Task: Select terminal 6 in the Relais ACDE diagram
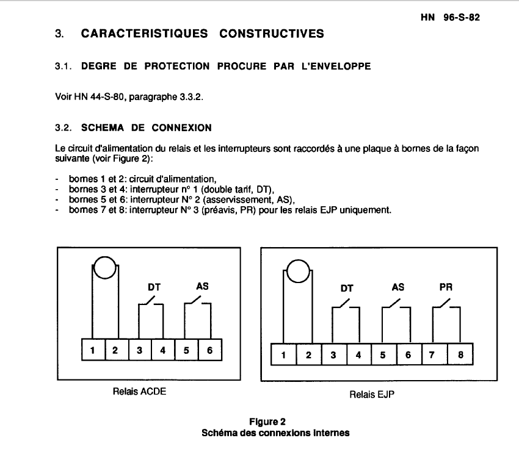point(209,350)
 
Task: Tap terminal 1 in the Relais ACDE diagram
point(93,350)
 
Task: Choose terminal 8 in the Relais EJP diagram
point(460,355)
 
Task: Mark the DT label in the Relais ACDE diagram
point(152,286)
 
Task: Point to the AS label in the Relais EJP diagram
point(397,286)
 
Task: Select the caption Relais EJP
point(372,394)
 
